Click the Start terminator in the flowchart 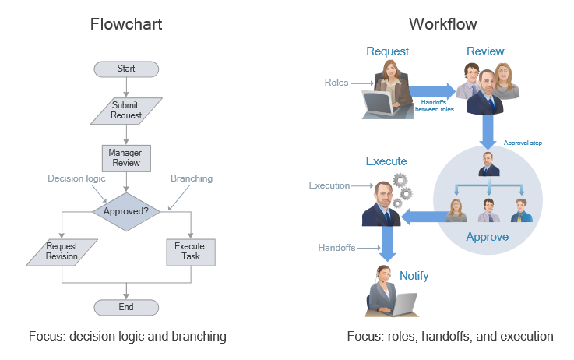125,69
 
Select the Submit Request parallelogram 125,110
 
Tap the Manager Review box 125,158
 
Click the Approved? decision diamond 125,210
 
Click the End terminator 125,307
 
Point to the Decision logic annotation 76,178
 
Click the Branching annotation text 191,178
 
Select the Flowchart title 126,24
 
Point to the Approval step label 523,143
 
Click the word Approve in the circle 487,237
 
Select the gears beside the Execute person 401,188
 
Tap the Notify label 414,276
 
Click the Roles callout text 336,82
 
